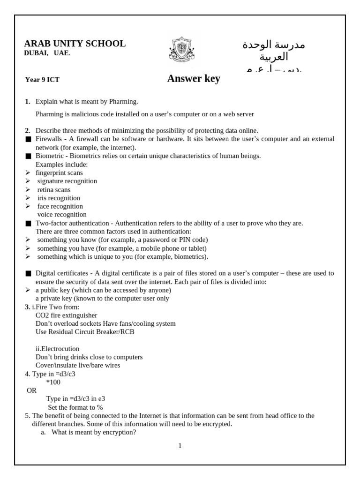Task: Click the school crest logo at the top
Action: click(180, 50)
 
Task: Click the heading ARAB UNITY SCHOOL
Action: click(75, 44)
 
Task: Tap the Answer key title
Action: click(194, 79)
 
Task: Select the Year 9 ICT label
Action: click(42, 80)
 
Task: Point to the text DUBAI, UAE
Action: click(47, 53)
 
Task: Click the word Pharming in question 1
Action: click(123, 101)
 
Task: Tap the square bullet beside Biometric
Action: click(28, 156)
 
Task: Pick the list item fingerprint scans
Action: click(59, 172)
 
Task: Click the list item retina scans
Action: click(54, 189)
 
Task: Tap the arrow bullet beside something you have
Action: click(28, 248)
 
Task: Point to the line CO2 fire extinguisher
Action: click(66, 315)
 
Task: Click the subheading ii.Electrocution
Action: click(57, 349)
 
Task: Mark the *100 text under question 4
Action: click(53, 382)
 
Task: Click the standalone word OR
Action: click(31, 390)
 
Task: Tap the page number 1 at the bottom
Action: click(180, 446)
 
